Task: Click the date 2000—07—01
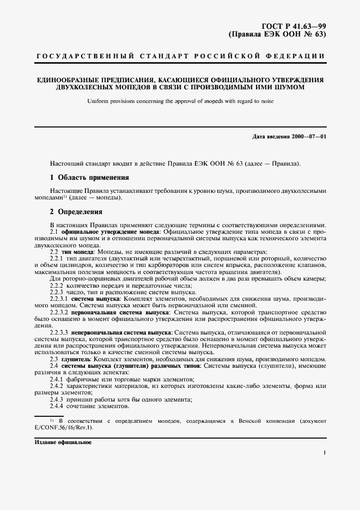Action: pyautogui.click(x=309, y=136)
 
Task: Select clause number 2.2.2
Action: pyautogui.click(x=57, y=286)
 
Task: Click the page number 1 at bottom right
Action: pyautogui.click(x=325, y=452)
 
